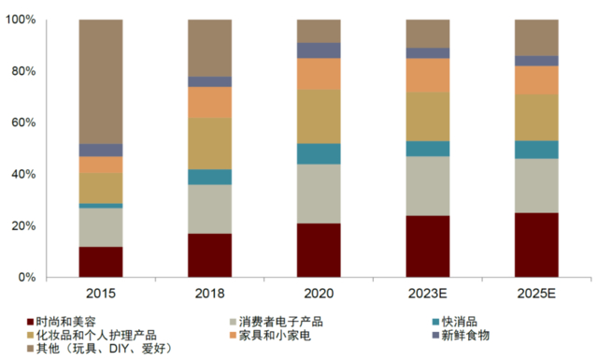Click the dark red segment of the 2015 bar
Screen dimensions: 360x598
100,262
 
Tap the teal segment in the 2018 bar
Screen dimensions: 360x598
209,177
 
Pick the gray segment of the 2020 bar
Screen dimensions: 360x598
319,194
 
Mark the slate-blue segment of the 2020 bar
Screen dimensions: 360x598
319,50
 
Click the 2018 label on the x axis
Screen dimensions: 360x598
209,294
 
